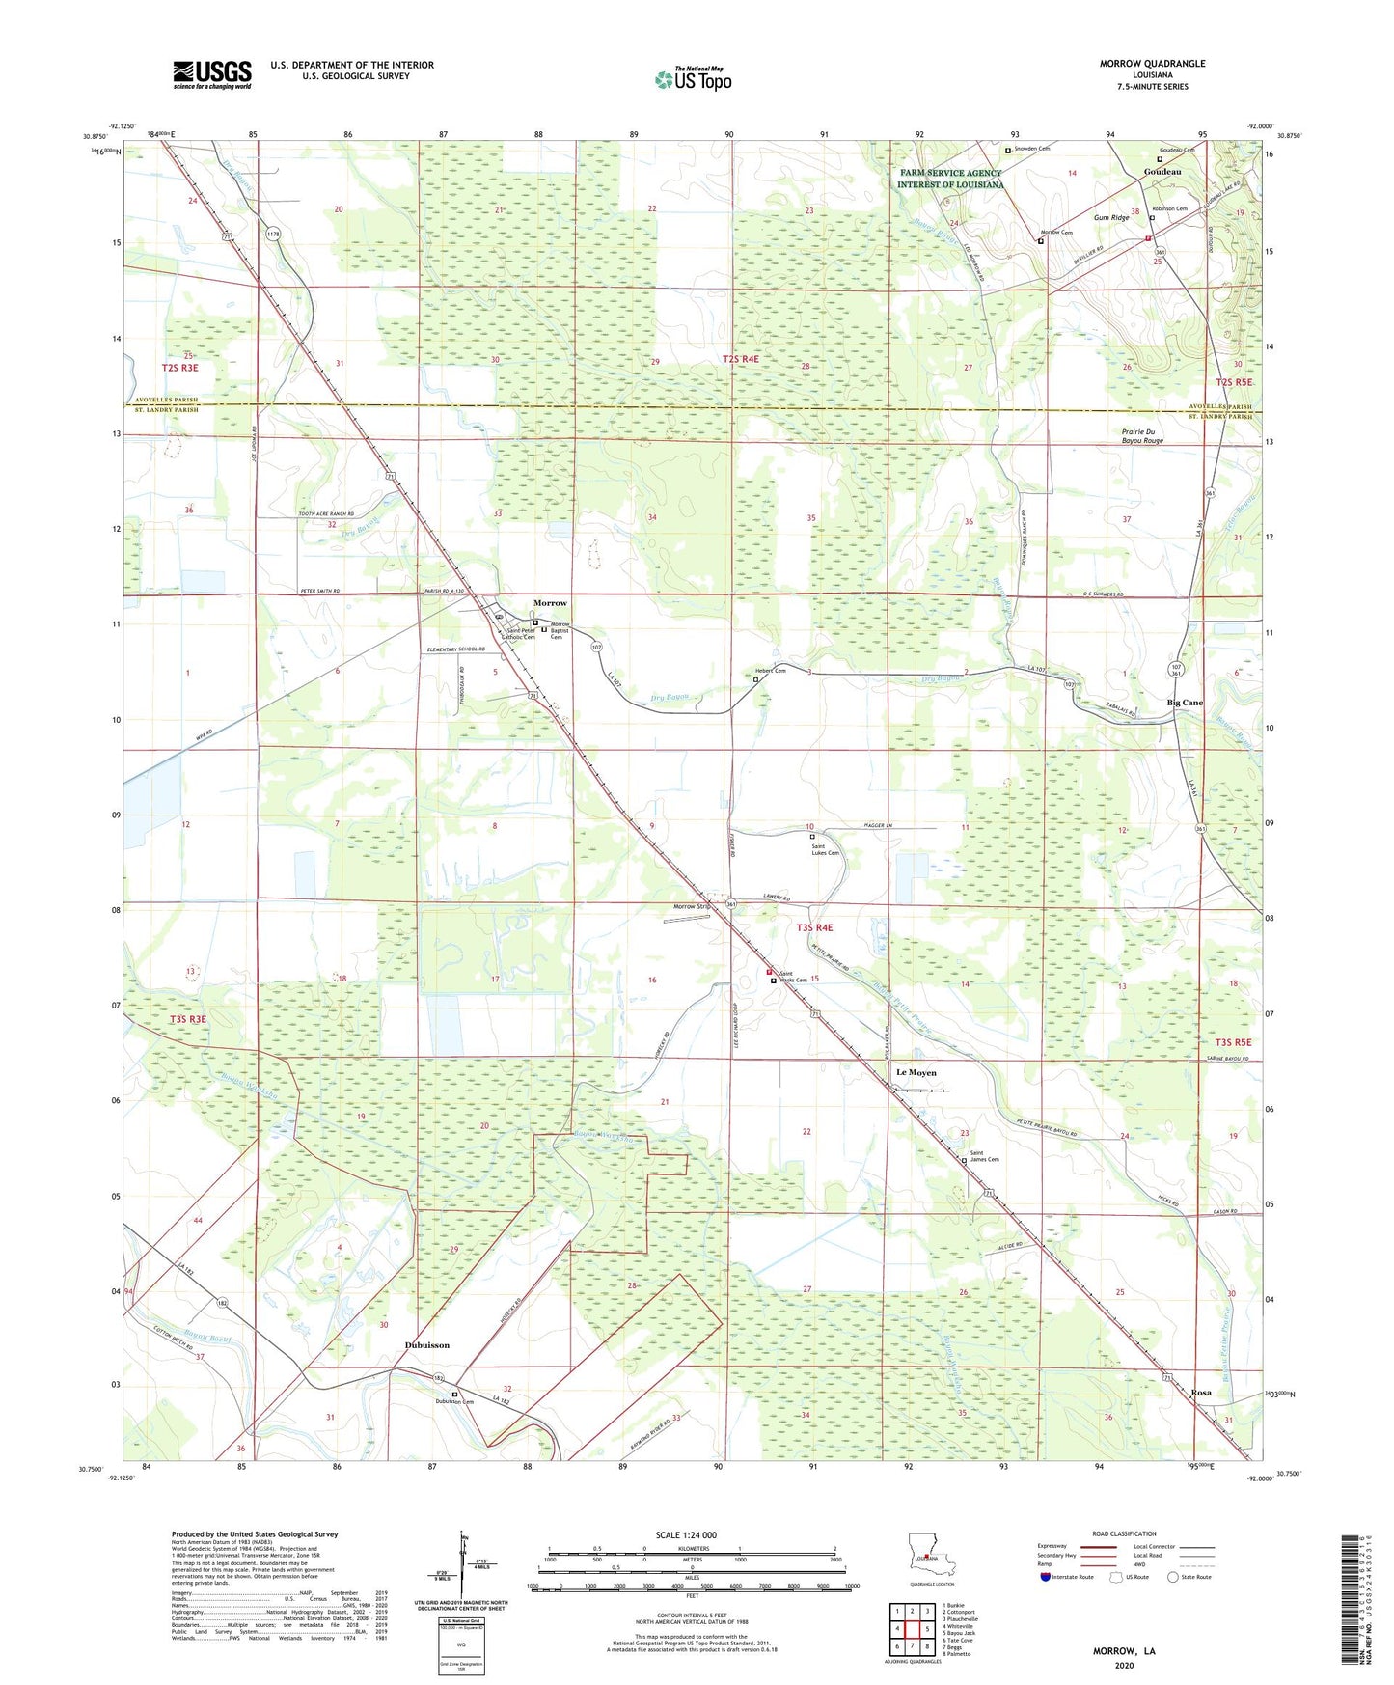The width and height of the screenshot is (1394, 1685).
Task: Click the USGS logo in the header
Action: [x=212, y=74]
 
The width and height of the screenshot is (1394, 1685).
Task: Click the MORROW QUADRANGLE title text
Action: [x=1152, y=64]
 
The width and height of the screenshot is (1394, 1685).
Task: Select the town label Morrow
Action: [x=550, y=603]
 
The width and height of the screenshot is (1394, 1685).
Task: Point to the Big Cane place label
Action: [x=1185, y=703]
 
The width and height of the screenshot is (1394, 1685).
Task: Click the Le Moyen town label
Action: [x=916, y=1072]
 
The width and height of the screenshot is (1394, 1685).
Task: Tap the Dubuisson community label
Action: [x=426, y=1344]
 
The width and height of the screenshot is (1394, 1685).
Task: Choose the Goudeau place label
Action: [x=1162, y=172]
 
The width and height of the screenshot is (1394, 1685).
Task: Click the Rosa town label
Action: [x=1201, y=1393]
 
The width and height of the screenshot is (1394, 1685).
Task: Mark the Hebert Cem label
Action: [x=770, y=671]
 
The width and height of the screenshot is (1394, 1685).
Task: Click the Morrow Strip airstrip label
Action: [x=692, y=906]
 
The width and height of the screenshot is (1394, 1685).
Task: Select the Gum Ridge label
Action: [x=1111, y=218]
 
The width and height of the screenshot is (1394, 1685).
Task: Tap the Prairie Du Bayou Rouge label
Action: [x=1142, y=436]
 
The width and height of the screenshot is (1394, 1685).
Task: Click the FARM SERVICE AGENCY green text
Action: [x=949, y=173]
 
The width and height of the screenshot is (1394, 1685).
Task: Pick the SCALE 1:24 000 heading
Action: [x=686, y=1535]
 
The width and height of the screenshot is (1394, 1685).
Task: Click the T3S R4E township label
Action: [x=814, y=927]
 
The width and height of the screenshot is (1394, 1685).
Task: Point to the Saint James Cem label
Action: [x=984, y=1156]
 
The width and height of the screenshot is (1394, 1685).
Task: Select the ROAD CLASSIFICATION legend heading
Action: [x=1123, y=1533]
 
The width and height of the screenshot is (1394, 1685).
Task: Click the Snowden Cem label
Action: [x=1031, y=149]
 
